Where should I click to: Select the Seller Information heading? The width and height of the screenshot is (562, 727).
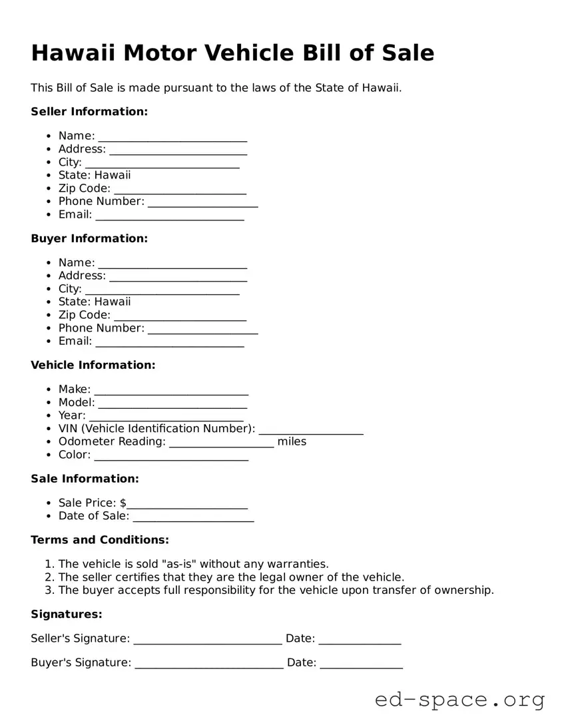point(89,112)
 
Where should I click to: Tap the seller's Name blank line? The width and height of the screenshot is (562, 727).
point(172,137)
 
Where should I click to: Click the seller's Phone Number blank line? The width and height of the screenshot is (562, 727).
point(202,203)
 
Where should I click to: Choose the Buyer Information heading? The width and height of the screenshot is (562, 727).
point(89,238)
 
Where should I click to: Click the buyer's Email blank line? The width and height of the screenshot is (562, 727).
point(170,343)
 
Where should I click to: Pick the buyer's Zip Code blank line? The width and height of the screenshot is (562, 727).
point(180,316)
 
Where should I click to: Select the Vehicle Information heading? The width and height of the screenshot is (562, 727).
point(93,365)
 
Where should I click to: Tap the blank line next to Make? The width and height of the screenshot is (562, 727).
point(171,391)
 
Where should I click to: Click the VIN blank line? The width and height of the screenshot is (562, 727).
point(311,430)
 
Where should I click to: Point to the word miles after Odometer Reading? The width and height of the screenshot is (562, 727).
point(292,441)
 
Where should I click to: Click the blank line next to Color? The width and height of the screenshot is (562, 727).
point(171,456)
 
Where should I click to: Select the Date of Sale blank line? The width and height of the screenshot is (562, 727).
point(193,517)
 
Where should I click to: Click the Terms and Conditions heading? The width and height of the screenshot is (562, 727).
point(100,539)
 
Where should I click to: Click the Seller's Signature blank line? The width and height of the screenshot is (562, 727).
point(208,640)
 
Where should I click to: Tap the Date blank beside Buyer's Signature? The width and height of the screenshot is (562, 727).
point(361,664)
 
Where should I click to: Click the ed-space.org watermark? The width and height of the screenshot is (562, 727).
point(459,700)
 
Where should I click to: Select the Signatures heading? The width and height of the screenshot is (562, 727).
point(67,614)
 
